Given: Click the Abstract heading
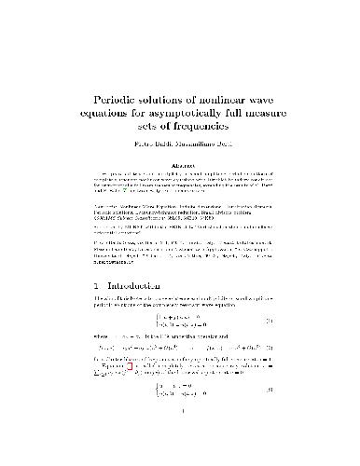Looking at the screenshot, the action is click(179, 169).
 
